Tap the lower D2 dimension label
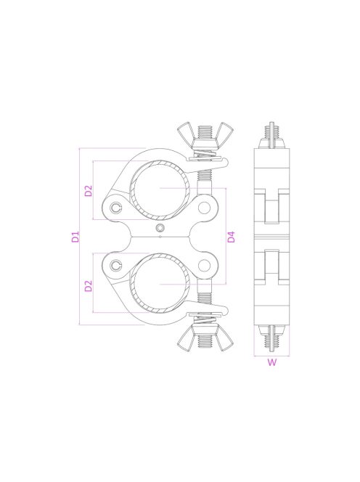click(x=88, y=285)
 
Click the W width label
click(x=271, y=364)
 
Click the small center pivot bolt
click(x=160, y=230)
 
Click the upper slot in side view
click(x=271, y=207)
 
